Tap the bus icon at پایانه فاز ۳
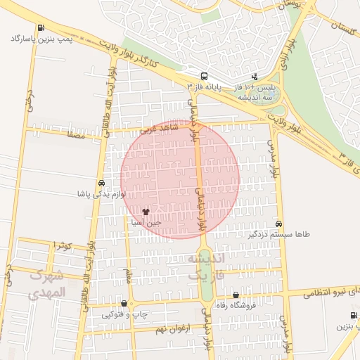204,76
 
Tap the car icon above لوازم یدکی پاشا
103,182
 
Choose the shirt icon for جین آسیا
146,211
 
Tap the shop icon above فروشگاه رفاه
235,295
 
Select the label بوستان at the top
294,4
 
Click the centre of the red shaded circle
180,179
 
